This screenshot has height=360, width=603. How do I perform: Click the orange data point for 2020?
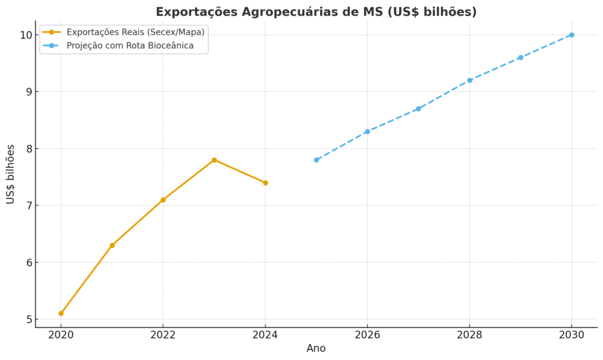tap(61, 313)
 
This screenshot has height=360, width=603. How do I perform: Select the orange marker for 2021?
tap(112, 245)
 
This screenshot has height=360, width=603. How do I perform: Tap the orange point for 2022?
tap(163, 200)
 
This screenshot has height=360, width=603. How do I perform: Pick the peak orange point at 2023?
tap(214, 160)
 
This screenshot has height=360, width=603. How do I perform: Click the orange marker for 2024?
tap(265, 183)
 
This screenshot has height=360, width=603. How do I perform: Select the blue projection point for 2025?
tap(316, 160)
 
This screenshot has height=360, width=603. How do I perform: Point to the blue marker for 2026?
tap(367, 131)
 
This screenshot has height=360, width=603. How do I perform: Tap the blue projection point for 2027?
tap(418, 108)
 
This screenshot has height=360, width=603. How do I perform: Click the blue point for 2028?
tap(469, 80)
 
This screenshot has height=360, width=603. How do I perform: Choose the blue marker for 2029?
tap(521, 57)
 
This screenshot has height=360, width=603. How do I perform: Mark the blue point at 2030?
tap(571, 35)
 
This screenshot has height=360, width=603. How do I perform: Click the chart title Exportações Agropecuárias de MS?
tap(316, 12)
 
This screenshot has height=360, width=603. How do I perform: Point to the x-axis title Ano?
tap(316, 348)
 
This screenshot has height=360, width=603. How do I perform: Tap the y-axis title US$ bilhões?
tap(11, 174)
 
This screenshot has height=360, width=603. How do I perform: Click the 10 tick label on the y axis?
tap(25, 35)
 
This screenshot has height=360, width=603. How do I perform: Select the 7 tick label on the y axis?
tap(28, 206)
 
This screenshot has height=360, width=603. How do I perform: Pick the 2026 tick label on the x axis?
tap(367, 335)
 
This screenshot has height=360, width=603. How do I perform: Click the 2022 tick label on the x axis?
tap(163, 335)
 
